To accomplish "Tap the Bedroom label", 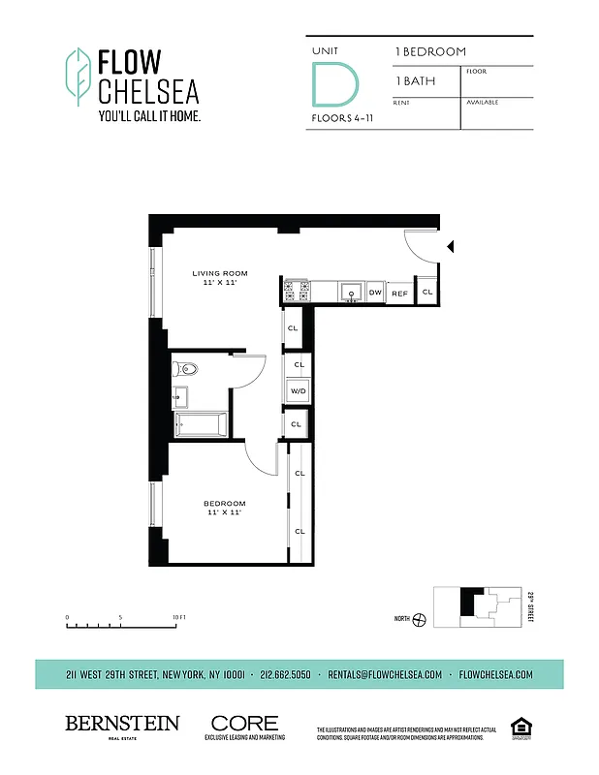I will point(224,507).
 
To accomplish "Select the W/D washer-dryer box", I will point(298,390).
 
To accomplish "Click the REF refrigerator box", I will point(399,292).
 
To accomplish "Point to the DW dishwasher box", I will point(375,292).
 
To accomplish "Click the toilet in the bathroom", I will point(187,368).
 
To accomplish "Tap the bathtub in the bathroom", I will point(201,425).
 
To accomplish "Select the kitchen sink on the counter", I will point(350,292).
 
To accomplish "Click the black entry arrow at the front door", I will point(449,247).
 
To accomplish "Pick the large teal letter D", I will point(327,84).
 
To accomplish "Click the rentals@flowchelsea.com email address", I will point(385,674).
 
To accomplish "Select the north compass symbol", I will point(419,620).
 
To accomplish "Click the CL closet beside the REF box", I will point(426,292).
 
